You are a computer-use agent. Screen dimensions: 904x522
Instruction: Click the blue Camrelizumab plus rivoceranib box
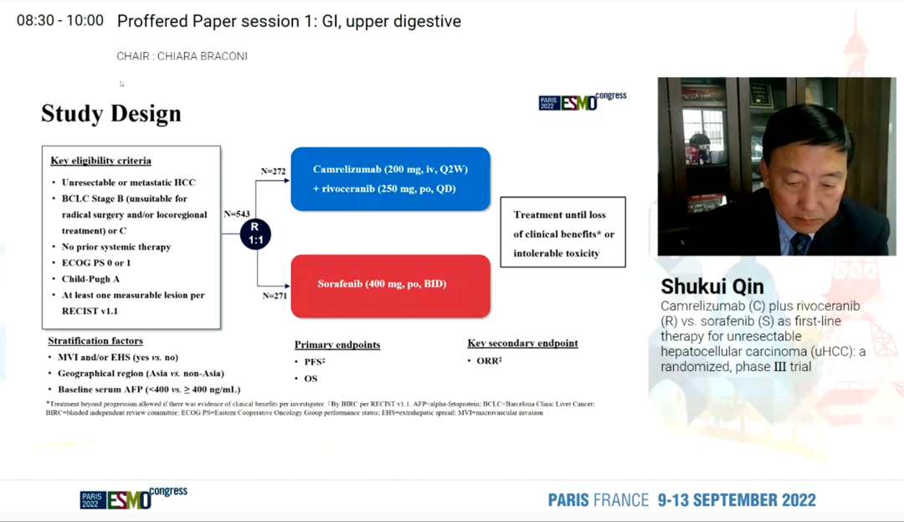click(390, 178)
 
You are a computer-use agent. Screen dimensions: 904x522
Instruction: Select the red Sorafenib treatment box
click(390, 286)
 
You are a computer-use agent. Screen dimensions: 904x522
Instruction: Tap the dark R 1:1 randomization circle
click(255, 234)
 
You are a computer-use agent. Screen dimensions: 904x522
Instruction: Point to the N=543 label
click(237, 214)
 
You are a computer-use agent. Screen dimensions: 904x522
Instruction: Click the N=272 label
click(273, 171)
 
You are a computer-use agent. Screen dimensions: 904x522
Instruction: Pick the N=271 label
click(275, 296)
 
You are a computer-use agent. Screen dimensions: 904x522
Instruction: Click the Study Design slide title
click(111, 114)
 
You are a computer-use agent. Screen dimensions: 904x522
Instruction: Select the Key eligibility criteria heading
click(101, 160)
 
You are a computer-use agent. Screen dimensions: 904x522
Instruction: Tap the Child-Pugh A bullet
click(90, 278)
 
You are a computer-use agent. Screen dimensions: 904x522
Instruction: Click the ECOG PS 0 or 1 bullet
click(96, 262)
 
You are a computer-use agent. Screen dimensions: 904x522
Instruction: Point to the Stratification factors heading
click(95, 340)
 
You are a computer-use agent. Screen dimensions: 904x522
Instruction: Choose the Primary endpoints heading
click(337, 344)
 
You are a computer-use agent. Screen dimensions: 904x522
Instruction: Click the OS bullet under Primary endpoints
click(311, 379)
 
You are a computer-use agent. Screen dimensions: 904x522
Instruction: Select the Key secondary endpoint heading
click(523, 343)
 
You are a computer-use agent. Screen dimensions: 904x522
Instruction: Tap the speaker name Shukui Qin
click(712, 286)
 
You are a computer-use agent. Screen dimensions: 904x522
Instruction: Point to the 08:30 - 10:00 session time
click(60, 21)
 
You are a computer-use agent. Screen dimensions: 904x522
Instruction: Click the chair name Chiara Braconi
click(203, 56)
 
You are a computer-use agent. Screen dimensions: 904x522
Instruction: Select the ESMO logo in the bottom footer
click(134, 499)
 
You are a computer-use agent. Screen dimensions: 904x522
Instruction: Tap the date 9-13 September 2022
click(737, 500)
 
